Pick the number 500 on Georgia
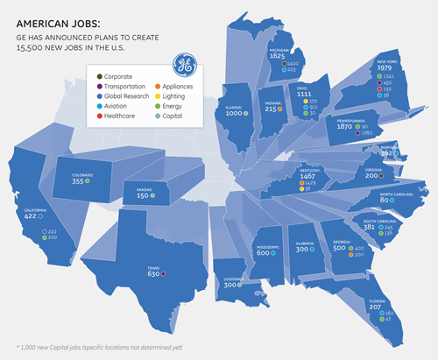335,248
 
